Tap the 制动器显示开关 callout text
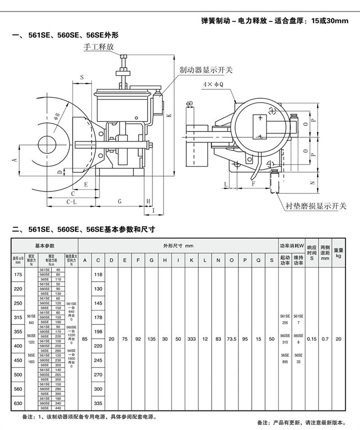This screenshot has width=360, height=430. click(206, 70)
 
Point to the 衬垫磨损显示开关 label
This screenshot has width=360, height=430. click(316, 206)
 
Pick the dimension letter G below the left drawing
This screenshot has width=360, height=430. click(120, 202)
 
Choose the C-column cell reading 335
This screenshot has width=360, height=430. click(98, 403)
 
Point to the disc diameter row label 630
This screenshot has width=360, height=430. click(18, 403)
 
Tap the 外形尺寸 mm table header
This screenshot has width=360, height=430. click(178, 246)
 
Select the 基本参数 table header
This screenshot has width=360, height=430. click(45, 246)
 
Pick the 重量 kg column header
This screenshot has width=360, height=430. click(339, 252)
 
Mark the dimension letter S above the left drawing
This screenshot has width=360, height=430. click(82, 77)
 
